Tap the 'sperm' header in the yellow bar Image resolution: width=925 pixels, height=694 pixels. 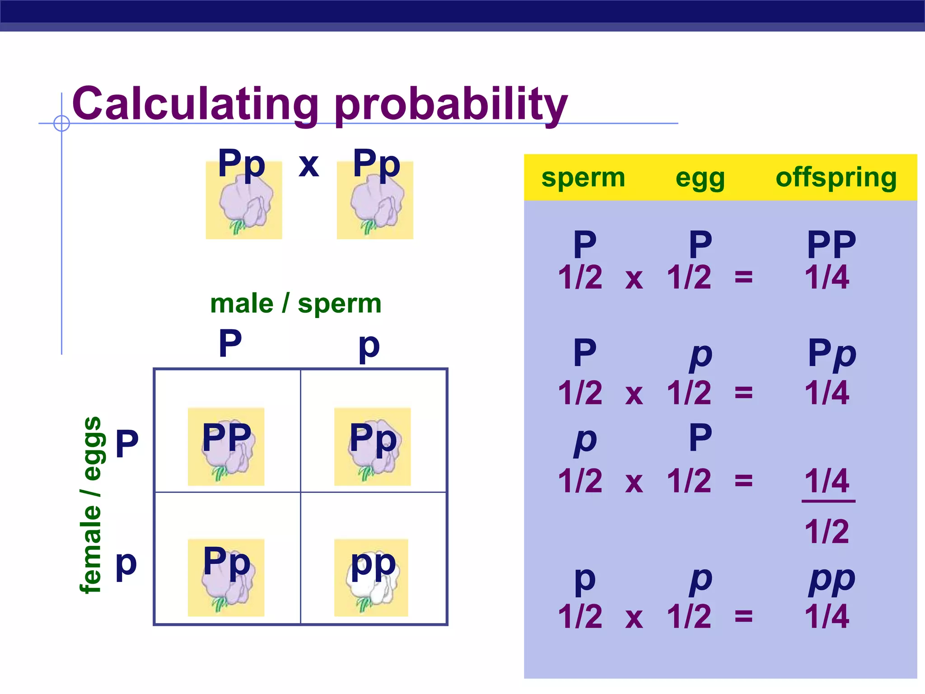583,177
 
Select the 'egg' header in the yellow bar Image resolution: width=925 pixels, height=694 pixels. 700,178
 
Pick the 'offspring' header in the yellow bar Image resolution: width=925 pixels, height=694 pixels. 836,177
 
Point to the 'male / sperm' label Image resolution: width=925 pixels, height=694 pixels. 296,303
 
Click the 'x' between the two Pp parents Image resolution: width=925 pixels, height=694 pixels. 309,165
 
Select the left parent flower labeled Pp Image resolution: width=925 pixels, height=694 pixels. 244,201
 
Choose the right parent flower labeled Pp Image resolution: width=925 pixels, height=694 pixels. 375,201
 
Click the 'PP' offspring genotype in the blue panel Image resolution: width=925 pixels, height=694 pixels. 831,244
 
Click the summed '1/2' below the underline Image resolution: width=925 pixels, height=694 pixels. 827,531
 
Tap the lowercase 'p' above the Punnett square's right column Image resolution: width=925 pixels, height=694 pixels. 369,346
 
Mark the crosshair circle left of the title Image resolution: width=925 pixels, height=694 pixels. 61,123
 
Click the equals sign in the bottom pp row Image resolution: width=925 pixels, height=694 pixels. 743,616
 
